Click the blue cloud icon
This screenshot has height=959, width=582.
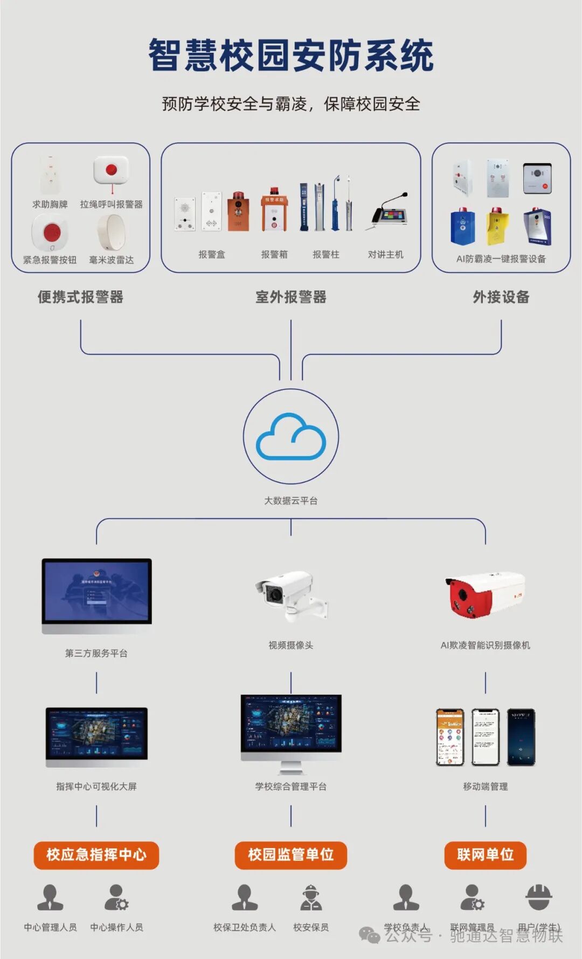tap(291, 436)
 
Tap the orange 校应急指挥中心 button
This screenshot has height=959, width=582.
tap(96, 854)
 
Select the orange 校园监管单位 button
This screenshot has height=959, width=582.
tap(291, 854)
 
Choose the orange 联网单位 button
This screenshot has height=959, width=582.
tap(485, 854)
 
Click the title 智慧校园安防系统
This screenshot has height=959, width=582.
tap(291, 55)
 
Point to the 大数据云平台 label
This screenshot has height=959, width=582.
tap(291, 501)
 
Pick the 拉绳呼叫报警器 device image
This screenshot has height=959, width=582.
tap(112, 171)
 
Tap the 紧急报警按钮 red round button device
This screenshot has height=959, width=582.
tap(51, 233)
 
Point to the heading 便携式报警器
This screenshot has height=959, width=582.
tap(81, 297)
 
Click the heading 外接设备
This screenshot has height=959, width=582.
tap(501, 297)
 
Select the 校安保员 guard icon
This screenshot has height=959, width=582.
tap(311, 898)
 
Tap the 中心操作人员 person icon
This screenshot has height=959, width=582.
tap(116, 898)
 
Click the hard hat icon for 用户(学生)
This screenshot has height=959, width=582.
tap(539, 897)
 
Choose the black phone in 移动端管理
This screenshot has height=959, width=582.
tap(521, 737)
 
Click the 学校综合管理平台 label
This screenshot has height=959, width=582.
tap(291, 787)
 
